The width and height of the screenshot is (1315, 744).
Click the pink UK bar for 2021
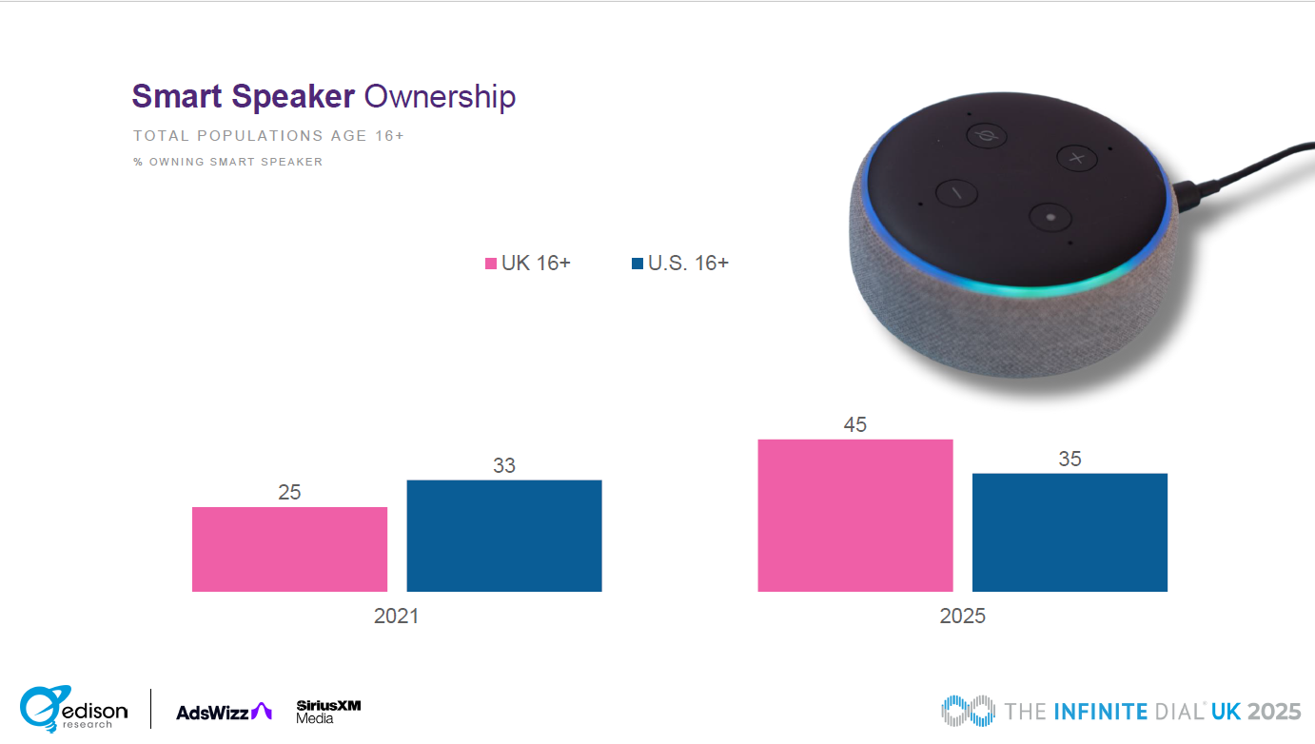click(289, 549)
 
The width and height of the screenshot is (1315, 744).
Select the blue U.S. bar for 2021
click(504, 536)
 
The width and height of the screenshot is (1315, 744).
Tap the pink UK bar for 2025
click(855, 515)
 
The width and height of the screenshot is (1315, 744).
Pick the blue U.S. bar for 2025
click(1070, 532)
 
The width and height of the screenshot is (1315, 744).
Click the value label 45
click(855, 425)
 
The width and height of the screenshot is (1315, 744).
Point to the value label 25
click(289, 492)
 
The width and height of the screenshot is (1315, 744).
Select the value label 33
click(504, 465)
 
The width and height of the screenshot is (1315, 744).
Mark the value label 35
click(1070, 459)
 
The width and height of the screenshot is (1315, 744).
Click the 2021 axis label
click(396, 616)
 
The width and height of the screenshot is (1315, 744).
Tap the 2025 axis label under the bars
click(962, 616)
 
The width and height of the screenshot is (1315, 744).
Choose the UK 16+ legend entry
click(528, 264)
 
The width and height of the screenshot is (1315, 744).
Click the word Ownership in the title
click(440, 97)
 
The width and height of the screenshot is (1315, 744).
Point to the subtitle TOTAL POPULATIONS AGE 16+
click(268, 136)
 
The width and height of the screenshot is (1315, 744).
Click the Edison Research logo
click(73, 709)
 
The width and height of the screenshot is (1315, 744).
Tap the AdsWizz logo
click(224, 712)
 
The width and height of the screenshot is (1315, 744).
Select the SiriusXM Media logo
click(328, 712)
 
